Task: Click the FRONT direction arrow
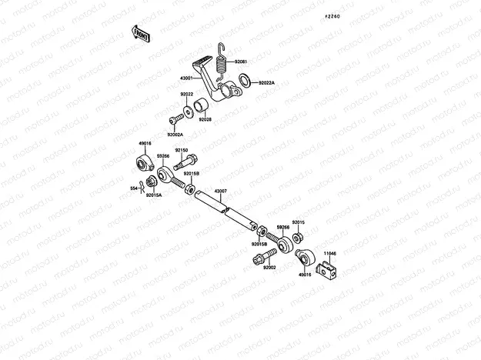(140, 32)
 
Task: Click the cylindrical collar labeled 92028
(202, 106)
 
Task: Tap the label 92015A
(154, 195)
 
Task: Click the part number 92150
(181, 150)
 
